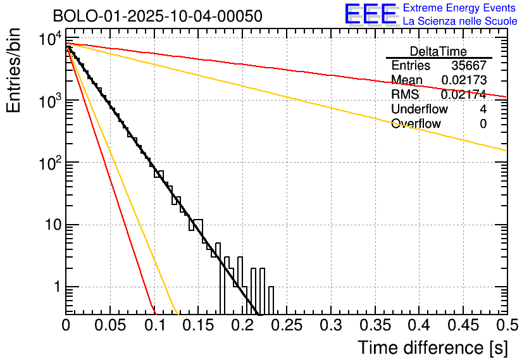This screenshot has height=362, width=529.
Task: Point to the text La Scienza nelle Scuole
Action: click(460, 22)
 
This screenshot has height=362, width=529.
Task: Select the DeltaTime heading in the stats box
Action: click(439, 51)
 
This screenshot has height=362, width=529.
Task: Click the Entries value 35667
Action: click(469, 66)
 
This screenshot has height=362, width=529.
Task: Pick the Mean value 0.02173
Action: click(464, 80)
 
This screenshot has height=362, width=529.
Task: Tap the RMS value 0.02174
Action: click(464, 94)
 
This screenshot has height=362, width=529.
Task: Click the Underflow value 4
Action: click(483, 109)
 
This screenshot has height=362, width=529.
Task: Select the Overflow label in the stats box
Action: click(416, 123)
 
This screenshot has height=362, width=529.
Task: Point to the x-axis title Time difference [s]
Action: click(432, 347)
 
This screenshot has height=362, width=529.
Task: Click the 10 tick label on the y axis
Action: click(51, 225)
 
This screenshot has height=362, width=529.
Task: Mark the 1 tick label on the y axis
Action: click(56, 287)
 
